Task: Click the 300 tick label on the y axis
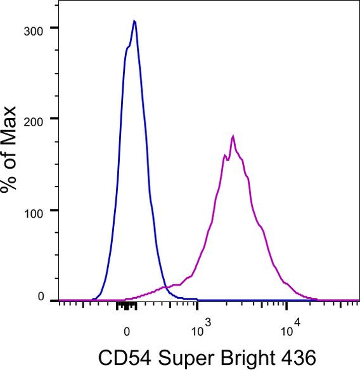[33, 28]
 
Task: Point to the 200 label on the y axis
[33, 119]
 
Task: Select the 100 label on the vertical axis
[33, 210]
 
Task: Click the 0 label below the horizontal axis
[126, 331]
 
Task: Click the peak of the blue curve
[134, 20]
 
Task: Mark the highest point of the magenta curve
[233, 136]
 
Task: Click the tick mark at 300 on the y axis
[55, 28]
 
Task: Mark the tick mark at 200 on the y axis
[55, 119]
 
